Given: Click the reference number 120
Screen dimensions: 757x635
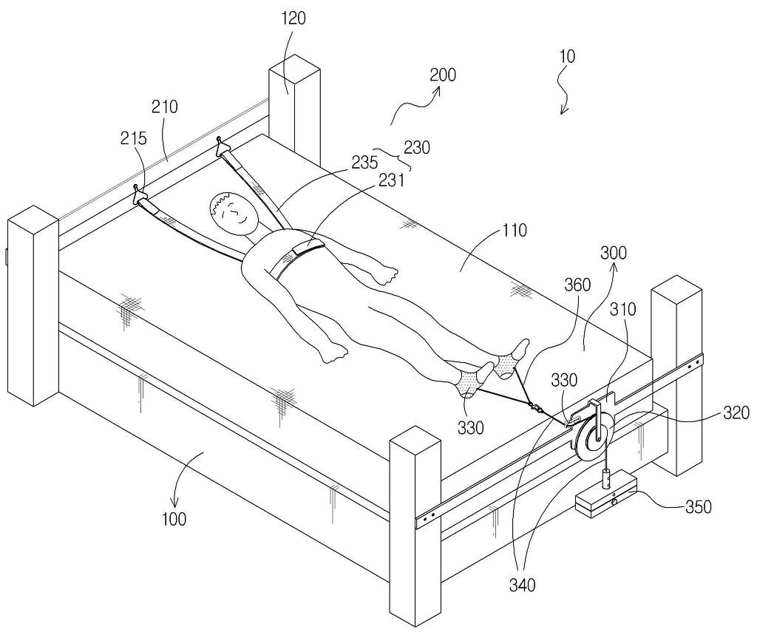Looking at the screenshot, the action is (x=293, y=18).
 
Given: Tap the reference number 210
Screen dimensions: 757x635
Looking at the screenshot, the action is (x=165, y=106).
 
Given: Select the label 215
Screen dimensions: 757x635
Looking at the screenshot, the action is (x=133, y=138).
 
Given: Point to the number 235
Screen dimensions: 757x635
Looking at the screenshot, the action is (x=364, y=162).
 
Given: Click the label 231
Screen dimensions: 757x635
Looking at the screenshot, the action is (x=391, y=180).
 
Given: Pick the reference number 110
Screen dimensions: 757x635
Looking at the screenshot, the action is (x=514, y=231).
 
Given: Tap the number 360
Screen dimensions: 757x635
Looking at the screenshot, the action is (x=577, y=285).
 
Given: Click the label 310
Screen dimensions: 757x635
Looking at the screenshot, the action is (x=623, y=309).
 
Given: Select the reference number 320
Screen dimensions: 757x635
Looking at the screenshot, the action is (x=736, y=413).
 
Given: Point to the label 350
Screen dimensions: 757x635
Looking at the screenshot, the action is (x=699, y=507).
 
